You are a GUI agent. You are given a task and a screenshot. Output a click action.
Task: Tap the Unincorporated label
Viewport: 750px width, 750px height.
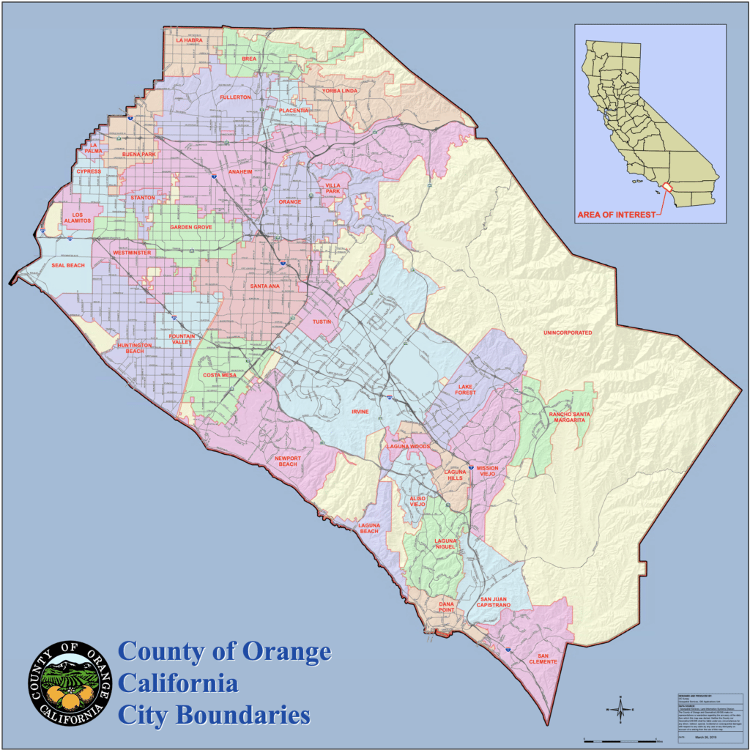coord(567,333)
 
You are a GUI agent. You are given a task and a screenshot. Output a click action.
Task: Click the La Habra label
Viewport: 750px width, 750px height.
coord(189,40)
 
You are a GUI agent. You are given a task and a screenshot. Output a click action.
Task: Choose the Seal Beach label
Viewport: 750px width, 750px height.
coord(68,265)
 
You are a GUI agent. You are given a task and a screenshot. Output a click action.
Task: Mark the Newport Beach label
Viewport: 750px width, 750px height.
coord(286,461)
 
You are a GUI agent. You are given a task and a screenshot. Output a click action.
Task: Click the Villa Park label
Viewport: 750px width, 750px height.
coord(333,190)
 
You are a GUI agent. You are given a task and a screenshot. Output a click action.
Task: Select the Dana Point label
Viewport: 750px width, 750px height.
coord(446,606)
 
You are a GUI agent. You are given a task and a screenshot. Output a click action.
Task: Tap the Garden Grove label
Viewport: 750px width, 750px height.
coord(191,227)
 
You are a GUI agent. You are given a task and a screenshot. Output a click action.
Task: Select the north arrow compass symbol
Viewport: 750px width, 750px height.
coord(620,708)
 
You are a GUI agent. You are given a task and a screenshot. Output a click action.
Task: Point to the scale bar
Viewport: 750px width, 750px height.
coord(623,741)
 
